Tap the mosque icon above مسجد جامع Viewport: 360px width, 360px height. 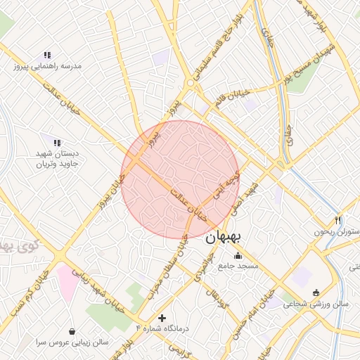pyautogui.click(x=238, y=255)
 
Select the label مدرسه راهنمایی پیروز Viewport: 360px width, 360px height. pyautogui.click(x=47, y=66)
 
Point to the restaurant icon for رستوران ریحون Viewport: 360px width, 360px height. pyautogui.click(x=339, y=220)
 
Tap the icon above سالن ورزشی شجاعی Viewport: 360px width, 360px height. pyautogui.click(x=315, y=293)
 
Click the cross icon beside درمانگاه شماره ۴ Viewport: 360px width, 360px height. pyautogui.click(x=163, y=318)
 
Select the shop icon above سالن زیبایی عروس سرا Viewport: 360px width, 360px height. pyautogui.click(x=72, y=330)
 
